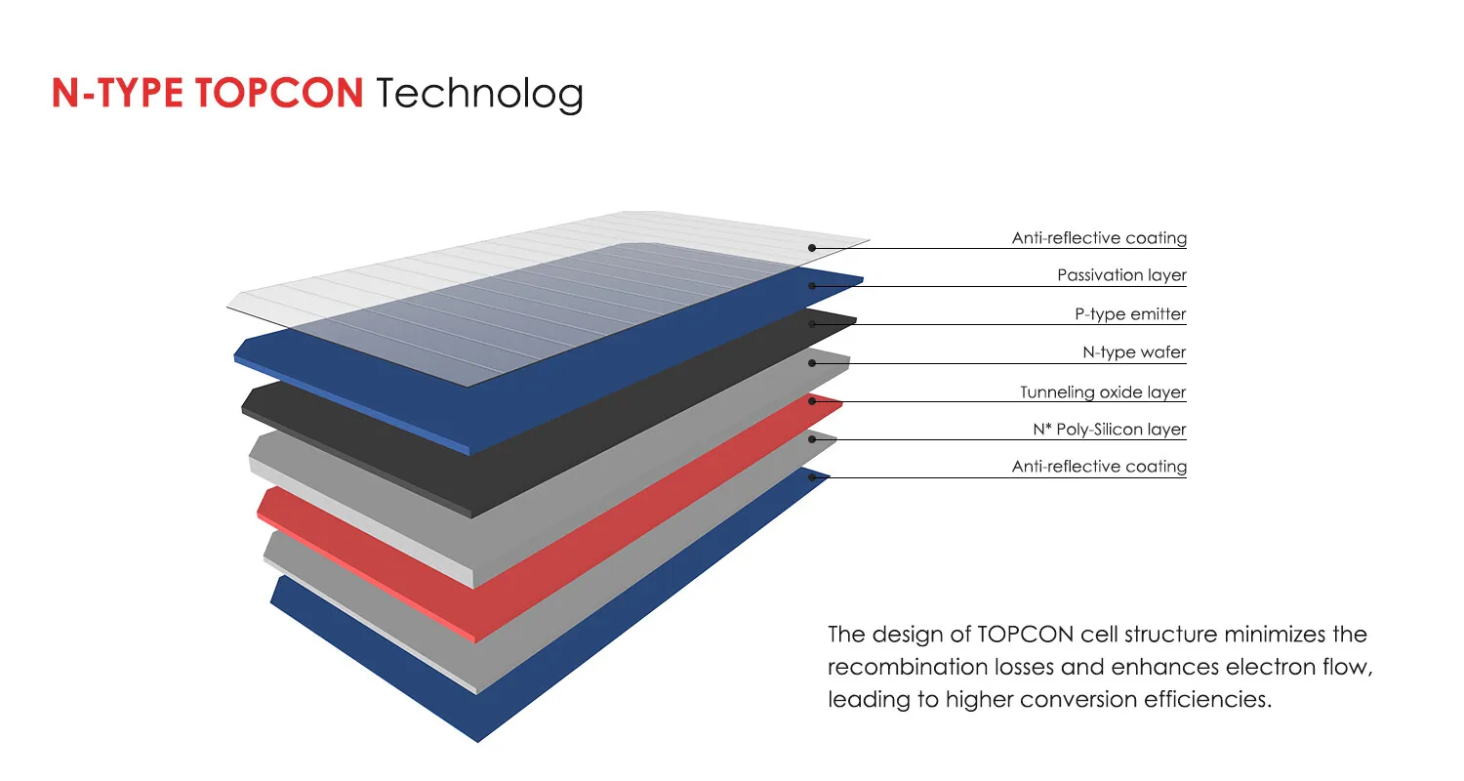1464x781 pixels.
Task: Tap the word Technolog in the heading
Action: (479, 94)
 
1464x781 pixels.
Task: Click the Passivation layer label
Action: (1121, 275)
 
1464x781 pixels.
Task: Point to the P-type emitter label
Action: (1130, 314)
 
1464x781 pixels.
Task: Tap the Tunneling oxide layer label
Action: (1103, 392)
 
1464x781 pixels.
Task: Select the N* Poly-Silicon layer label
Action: (1109, 430)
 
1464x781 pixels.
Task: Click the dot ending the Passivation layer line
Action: (812, 286)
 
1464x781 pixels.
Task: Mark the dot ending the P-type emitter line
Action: (812, 324)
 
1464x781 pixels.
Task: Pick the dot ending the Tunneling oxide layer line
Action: (812, 401)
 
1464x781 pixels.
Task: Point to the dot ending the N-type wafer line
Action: (812, 363)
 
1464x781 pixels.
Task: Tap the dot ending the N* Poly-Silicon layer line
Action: (812, 439)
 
